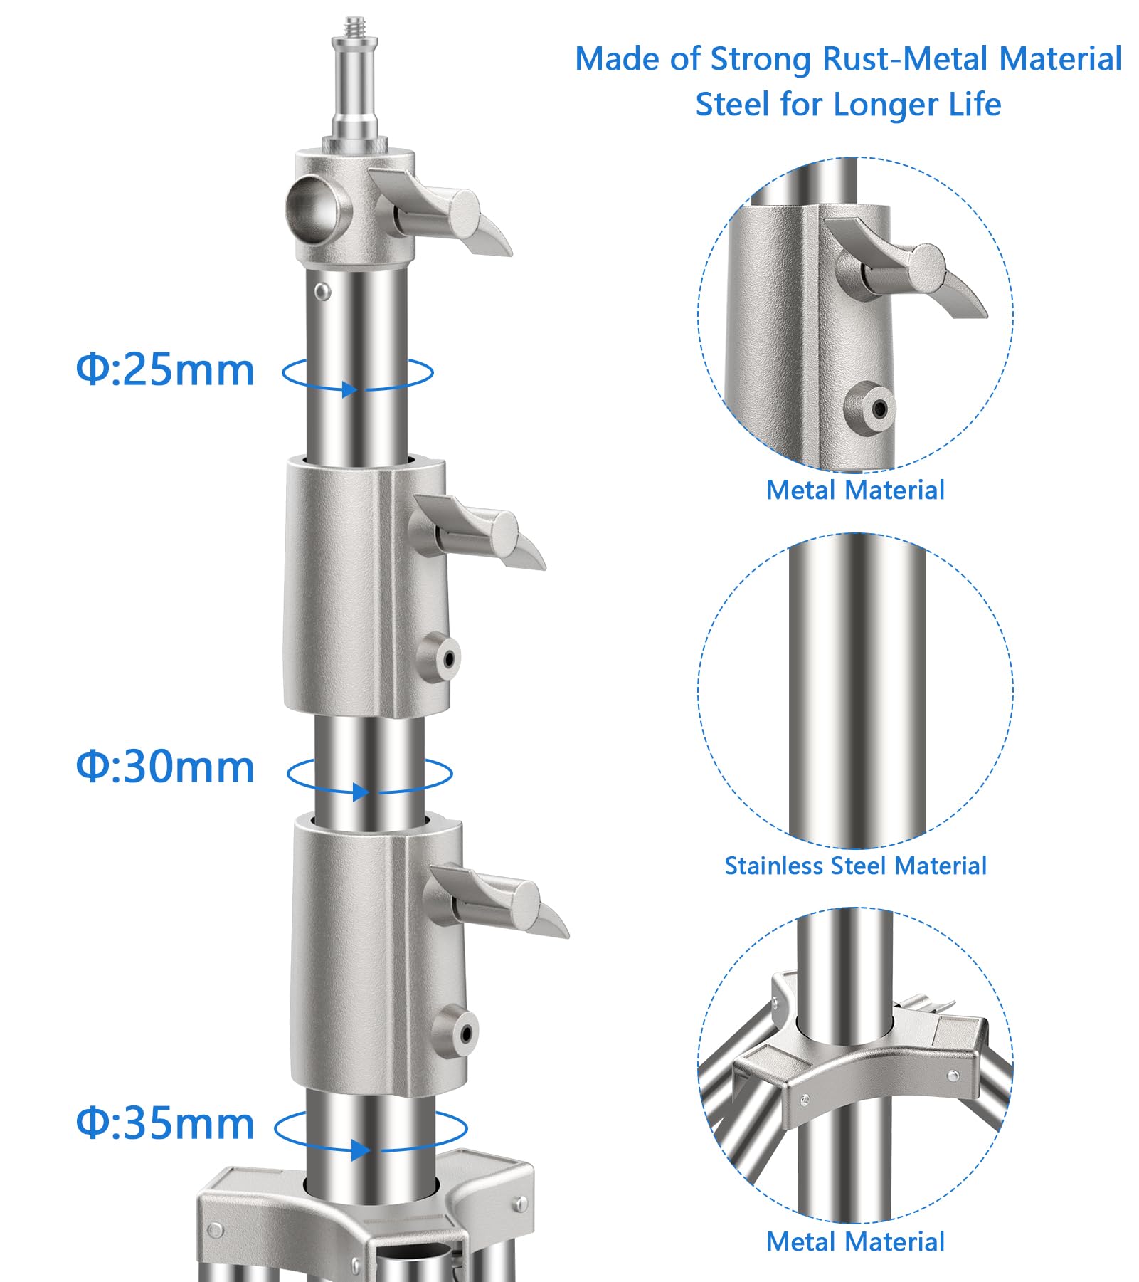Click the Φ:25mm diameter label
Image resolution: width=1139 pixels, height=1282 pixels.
click(x=165, y=370)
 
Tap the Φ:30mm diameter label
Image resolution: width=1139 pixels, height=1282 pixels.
click(x=165, y=767)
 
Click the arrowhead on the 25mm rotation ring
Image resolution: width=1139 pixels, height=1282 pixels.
click(x=348, y=389)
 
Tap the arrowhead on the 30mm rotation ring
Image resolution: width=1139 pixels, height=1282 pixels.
click(x=360, y=792)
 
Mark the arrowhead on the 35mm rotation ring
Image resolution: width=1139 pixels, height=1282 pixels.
click(x=360, y=1150)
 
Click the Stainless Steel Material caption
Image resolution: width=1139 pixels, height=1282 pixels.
click(x=855, y=866)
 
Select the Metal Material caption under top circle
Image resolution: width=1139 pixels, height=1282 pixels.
click(x=855, y=490)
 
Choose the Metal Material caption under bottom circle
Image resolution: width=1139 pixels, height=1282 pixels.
click(x=855, y=1242)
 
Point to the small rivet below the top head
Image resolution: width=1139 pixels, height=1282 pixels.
click(x=322, y=290)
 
